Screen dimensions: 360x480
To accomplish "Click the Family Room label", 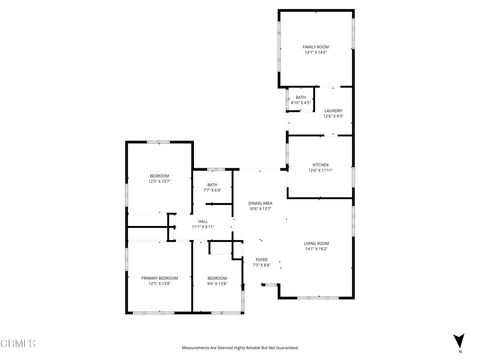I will point(316,46).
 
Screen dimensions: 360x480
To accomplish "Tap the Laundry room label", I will point(333,111).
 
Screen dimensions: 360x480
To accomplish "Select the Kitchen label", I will point(320,165).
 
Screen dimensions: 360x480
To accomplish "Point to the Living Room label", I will point(317,244).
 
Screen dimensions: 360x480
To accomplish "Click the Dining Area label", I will point(261,203).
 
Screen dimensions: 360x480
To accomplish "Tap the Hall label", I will point(203,221).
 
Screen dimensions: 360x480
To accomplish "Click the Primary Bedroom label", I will point(160,277).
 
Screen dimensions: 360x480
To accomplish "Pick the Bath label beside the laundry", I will point(300,97).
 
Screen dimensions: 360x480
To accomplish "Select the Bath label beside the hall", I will point(212,185).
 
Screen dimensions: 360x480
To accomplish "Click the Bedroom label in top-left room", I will point(160,176).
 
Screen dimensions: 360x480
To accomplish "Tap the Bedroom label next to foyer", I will point(217,277).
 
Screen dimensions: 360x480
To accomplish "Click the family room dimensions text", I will point(316,52).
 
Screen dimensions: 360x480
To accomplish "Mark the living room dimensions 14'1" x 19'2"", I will point(317,250).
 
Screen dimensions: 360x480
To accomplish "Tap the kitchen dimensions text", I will point(320,171).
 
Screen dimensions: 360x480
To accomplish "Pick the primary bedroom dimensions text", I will point(160,283).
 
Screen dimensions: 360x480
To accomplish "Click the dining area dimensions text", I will point(261,209).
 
